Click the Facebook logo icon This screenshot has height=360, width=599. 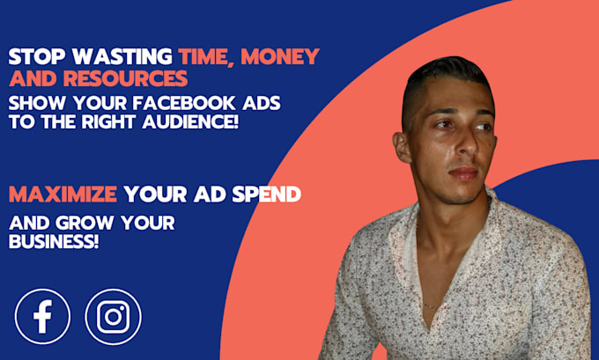click(42, 316)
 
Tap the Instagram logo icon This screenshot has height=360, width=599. click(113, 316)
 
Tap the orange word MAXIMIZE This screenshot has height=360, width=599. click(63, 192)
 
